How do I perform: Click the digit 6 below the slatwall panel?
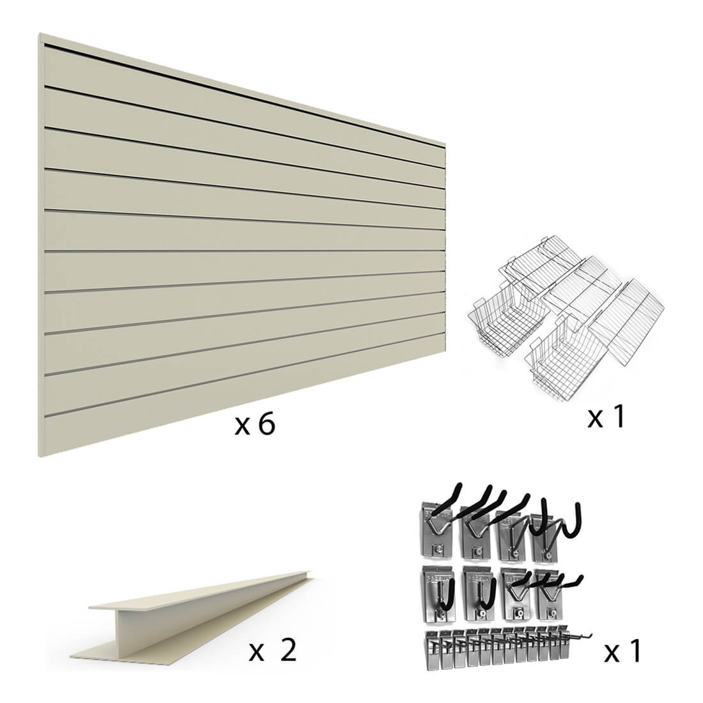tap(267, 424)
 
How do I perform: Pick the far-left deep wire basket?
tap(508, 321)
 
